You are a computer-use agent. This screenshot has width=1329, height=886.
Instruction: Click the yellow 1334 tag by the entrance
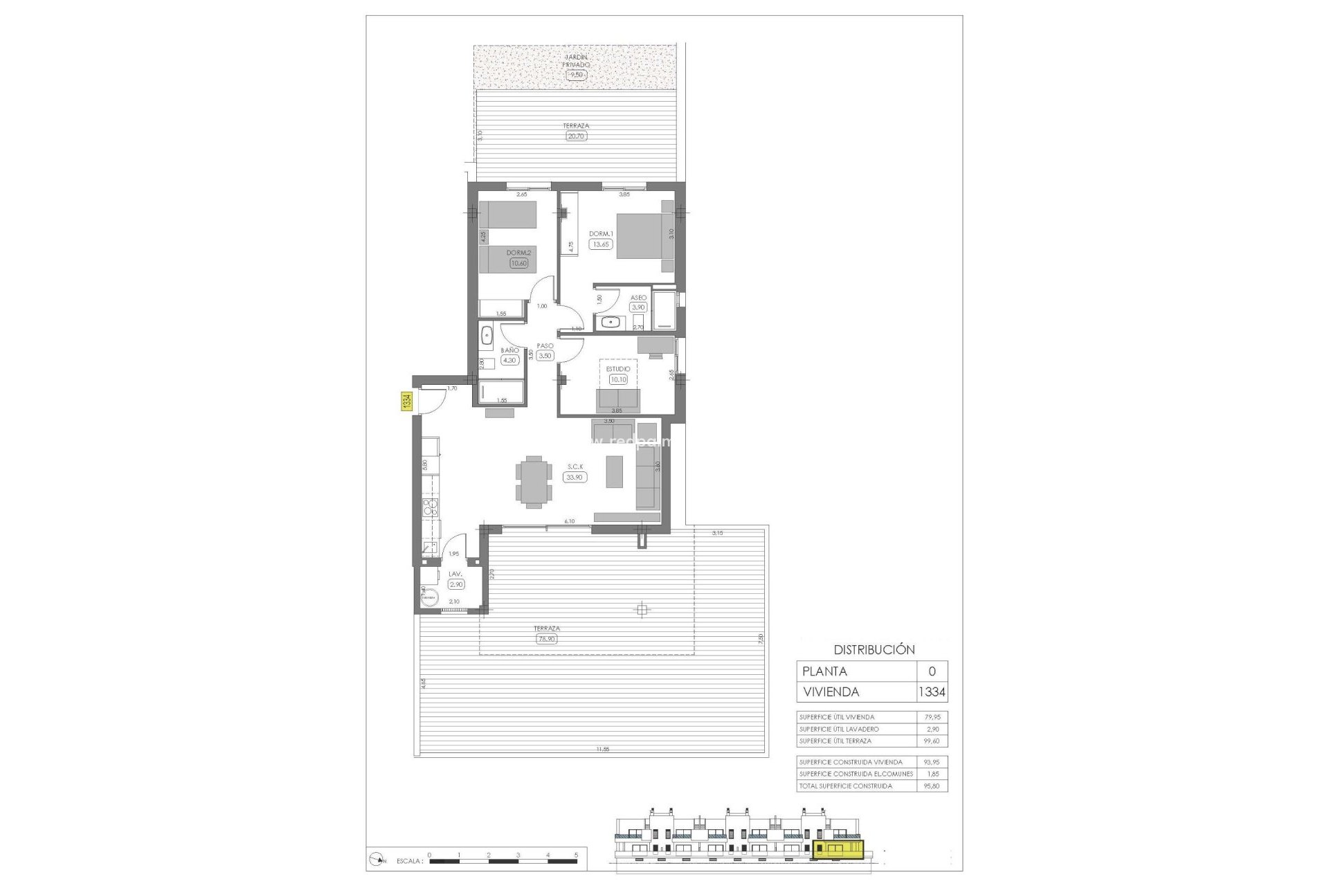coord(407,401)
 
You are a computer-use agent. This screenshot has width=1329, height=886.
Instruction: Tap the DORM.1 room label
coord(600,234)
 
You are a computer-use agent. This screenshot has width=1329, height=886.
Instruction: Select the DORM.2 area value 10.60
coord(518,263)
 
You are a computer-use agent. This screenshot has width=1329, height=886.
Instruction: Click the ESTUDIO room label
coord(618,369)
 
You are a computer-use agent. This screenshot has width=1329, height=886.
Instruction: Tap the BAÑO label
coord(509,350)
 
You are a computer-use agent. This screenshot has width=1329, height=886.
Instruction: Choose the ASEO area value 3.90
coord(638,307)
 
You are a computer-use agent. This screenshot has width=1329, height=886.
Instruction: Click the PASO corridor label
coord(545,346)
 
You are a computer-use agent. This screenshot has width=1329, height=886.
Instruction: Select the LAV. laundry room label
coord(455,575)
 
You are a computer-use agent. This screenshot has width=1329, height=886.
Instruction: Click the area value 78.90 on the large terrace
coord(546,639)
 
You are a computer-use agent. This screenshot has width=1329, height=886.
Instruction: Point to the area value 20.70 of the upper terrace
coord(576,136)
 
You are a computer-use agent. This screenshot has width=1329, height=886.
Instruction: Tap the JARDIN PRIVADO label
coord(576,61)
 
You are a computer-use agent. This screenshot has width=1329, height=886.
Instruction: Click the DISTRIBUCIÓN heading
coord(874,650)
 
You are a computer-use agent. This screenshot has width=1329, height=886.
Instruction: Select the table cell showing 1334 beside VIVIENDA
coord(932,691)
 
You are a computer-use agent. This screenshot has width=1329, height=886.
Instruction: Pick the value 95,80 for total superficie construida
coord(932,786)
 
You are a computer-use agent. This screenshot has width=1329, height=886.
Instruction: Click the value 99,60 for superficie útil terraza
coord(932,741)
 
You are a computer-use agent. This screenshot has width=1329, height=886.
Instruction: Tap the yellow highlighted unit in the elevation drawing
coord(839,849)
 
